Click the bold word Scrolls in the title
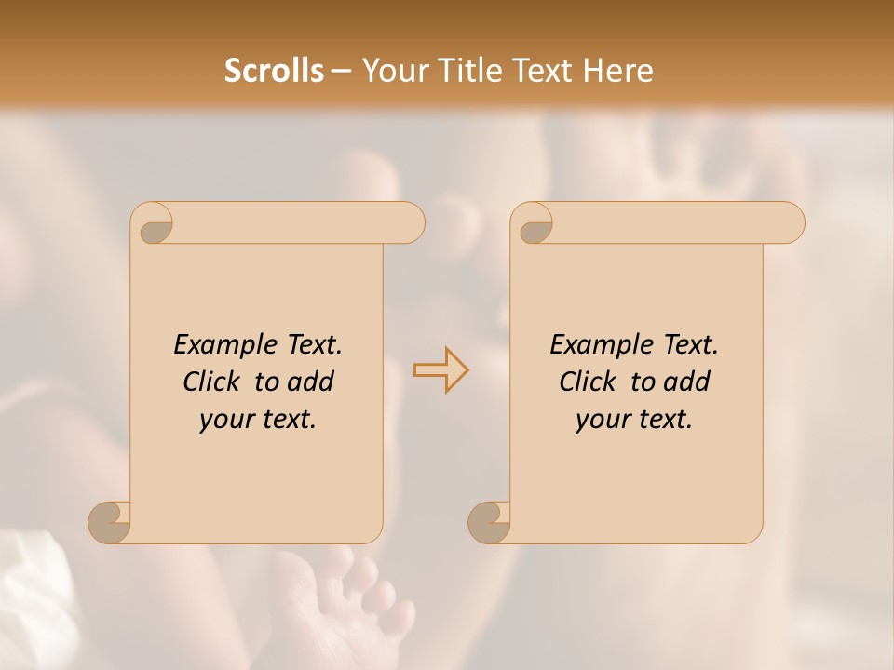coord(274,71)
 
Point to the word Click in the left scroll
coord(214,382)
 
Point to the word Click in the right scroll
coord(590,382)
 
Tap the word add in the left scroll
coord(310,382)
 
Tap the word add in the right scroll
coord(686,382)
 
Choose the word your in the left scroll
coord(226,420)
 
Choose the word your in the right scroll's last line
coord(603,420)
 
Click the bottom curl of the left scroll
coord(110,521)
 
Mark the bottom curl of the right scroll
coord(490,521)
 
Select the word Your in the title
coord(391,71)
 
